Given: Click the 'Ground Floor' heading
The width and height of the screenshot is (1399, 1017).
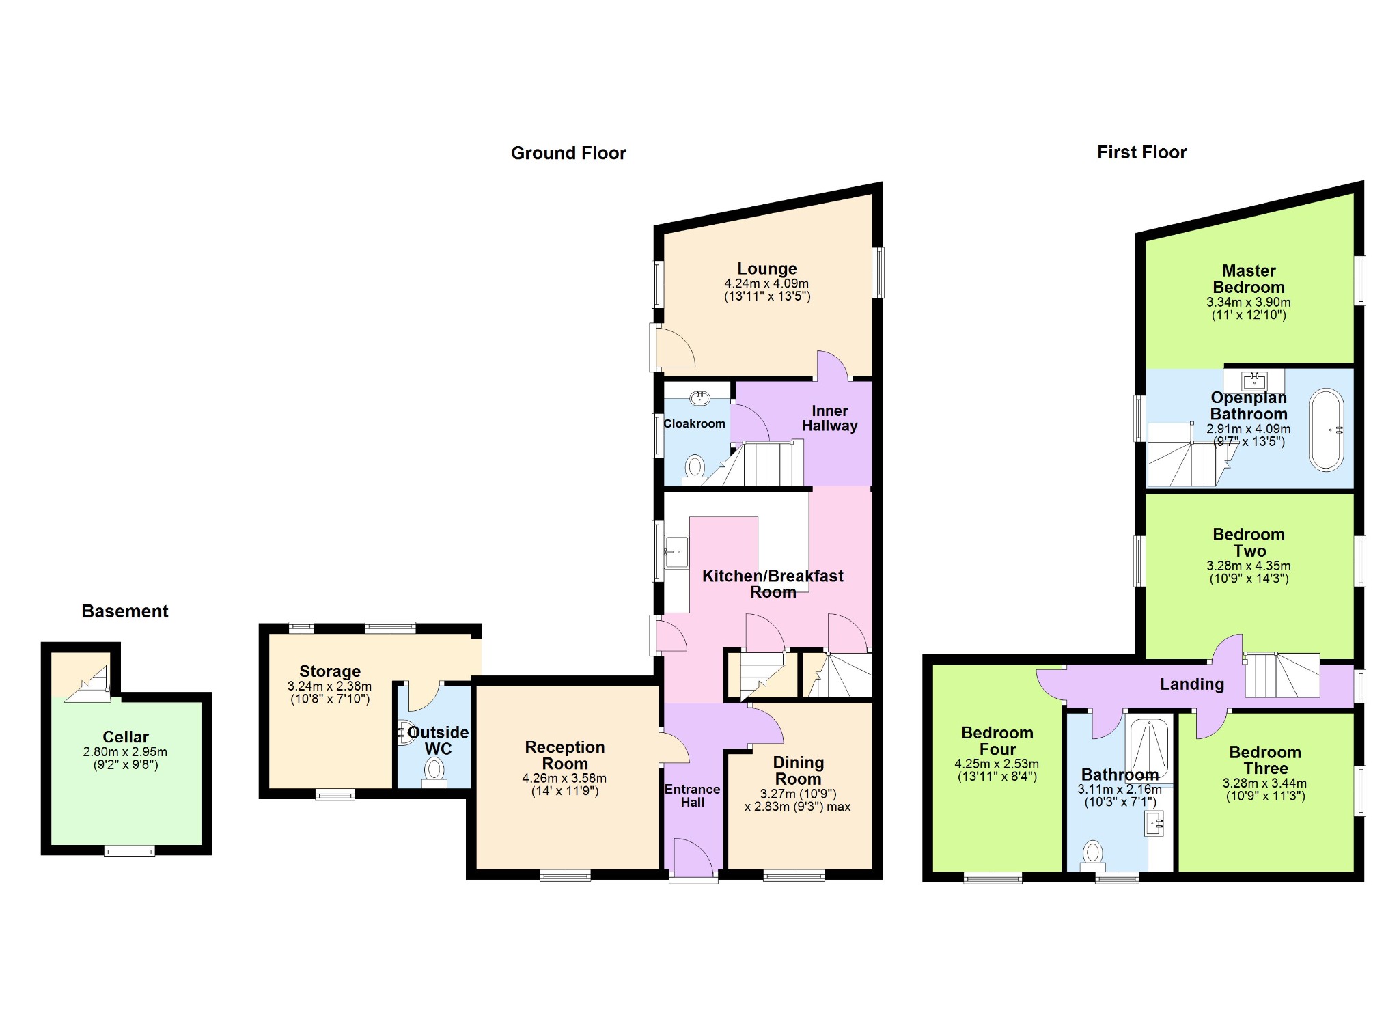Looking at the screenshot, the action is click(568, 153).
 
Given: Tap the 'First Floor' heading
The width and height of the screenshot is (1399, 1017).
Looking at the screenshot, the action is click(1141, 152).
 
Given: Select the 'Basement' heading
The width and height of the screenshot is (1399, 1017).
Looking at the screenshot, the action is click(125, 611).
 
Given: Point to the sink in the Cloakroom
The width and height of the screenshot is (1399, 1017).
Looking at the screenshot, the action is click(700, 398).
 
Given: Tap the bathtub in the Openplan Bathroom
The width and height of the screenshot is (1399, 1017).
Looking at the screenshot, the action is click(1327, 430).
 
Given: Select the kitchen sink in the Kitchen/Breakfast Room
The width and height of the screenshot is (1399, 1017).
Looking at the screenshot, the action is click(676, 552).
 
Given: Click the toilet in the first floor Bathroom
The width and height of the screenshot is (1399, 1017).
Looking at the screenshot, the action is click(1093, 854).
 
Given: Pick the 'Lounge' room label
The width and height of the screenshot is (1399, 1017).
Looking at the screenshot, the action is click(767, 268).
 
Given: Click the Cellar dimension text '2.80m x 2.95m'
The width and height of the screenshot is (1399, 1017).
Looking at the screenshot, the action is click(125, 752).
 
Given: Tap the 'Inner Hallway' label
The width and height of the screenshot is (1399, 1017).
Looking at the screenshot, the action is click(829, 418).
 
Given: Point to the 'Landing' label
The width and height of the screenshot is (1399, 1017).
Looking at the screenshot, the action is click(1192, 684).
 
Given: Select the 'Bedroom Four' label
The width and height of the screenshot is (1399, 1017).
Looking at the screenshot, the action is click(997, 741).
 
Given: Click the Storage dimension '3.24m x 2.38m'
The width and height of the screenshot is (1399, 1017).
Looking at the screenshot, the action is click(329, 686).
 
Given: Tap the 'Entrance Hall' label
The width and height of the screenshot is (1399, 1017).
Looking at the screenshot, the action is click(692, 796).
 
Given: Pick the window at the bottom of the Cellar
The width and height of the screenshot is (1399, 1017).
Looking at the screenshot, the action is click(129, 851).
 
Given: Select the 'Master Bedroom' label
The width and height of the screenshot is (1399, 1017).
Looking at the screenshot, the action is click(1249, 279).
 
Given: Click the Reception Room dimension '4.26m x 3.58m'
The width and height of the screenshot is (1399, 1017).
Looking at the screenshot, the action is click(564, 778).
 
